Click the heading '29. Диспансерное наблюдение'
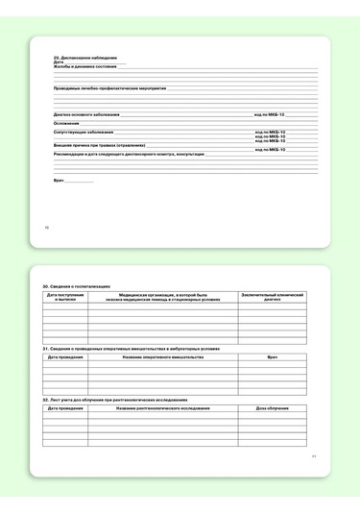pyautogui.click(x=78, y=58)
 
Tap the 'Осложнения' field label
pyautogui.click(x=66, y=123)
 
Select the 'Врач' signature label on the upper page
pyautogui.click(x=59, y=180)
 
